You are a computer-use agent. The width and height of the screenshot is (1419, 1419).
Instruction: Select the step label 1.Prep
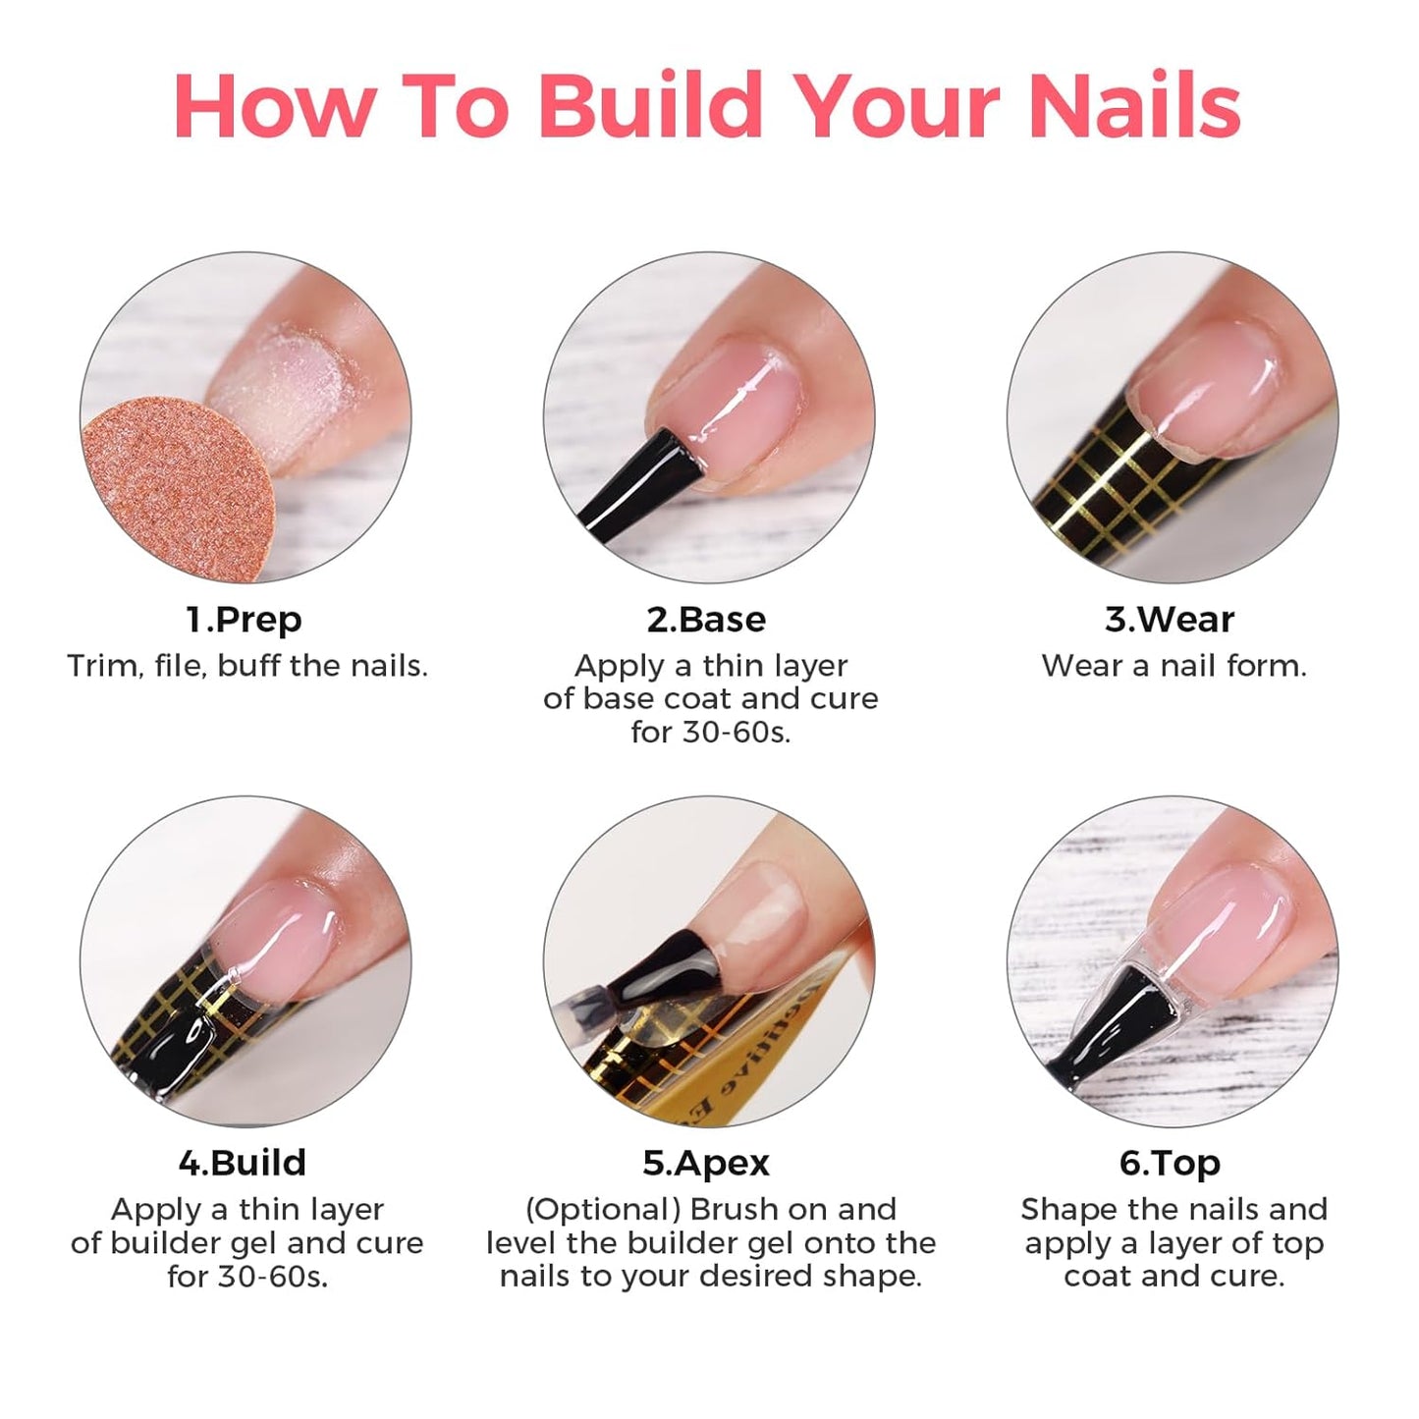point(245,620)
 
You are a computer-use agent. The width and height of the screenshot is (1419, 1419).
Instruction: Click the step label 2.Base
point(706,620)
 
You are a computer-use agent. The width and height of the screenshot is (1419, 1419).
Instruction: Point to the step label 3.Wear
point(1169,620)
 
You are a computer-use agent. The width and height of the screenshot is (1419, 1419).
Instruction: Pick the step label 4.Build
point(243,1163)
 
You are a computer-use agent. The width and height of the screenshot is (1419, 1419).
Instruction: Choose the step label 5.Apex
point(706,1163)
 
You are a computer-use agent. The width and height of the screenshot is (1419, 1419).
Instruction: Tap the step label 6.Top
point(1170,1163)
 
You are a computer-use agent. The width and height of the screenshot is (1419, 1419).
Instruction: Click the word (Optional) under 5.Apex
point(602,1209)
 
